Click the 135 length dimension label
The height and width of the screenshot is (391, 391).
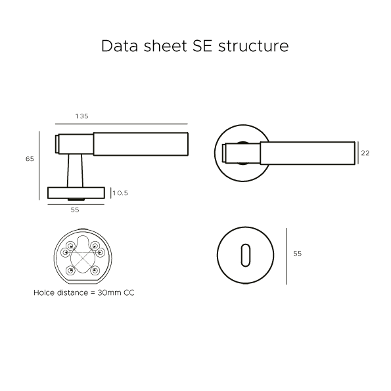tap(81, 116)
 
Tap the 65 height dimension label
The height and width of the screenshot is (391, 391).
tap(30, 159)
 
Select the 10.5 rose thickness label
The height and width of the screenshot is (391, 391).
tap(120, 193)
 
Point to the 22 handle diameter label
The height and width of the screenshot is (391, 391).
tap(365, 153)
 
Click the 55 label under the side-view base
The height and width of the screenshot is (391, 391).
tap(75, 210)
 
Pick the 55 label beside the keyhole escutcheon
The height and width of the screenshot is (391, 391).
tap(298, 254)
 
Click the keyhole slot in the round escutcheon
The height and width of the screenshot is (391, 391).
tap(246, 255)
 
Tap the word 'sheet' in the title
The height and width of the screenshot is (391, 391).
tap(165, 46)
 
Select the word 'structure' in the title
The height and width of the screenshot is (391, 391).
tap(254, 47)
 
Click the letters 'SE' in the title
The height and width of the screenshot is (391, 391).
tap(202, 46)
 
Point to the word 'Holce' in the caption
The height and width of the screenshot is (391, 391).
tap(43, 292)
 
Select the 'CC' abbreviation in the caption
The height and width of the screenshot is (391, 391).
tap(129, 292)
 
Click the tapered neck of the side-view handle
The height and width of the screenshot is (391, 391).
tap(75, 171)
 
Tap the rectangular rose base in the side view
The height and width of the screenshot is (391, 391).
tap(76, 193)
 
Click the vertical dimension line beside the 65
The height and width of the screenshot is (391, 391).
tap(39, 166)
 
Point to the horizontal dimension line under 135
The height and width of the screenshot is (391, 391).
tap(122, 124)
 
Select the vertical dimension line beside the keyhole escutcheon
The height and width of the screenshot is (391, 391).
tap(287, 256)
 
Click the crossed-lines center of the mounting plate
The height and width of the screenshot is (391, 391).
tap(83, 258)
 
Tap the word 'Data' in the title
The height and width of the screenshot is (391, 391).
tap(120, 46)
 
